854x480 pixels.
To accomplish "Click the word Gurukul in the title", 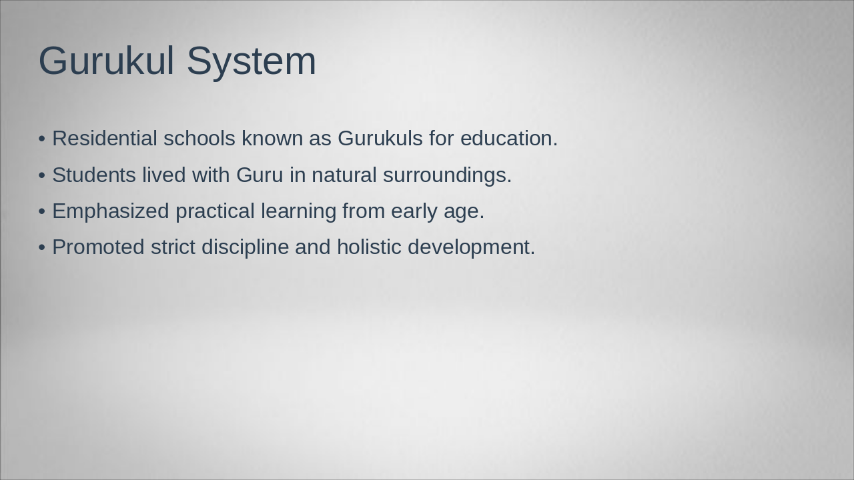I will click(x=106, y=61).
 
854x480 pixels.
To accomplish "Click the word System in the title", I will click(x=251, y=61).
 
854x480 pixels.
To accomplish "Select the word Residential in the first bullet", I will click(x=105, y=139).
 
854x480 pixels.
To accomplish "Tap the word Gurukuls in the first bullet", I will click(x=380, y=139).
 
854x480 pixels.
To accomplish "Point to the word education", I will click(x=508, y=139).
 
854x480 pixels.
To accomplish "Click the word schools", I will click(x=199, y=139).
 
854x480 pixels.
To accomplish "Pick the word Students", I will click(x=94, y=175).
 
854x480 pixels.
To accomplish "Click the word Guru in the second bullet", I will click(x=260, y=175).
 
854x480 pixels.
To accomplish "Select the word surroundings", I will click(x=447, y=175).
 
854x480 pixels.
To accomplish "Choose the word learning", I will click(x=298, y=211).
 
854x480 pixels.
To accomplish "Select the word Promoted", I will click(x=98, y=247).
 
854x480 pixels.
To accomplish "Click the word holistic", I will click(x=369, y=247).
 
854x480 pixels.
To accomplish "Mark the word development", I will click(x=471, y=247).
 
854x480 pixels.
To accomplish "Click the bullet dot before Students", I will click(x=42, y=175).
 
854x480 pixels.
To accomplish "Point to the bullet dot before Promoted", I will click(x=42, y=247).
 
